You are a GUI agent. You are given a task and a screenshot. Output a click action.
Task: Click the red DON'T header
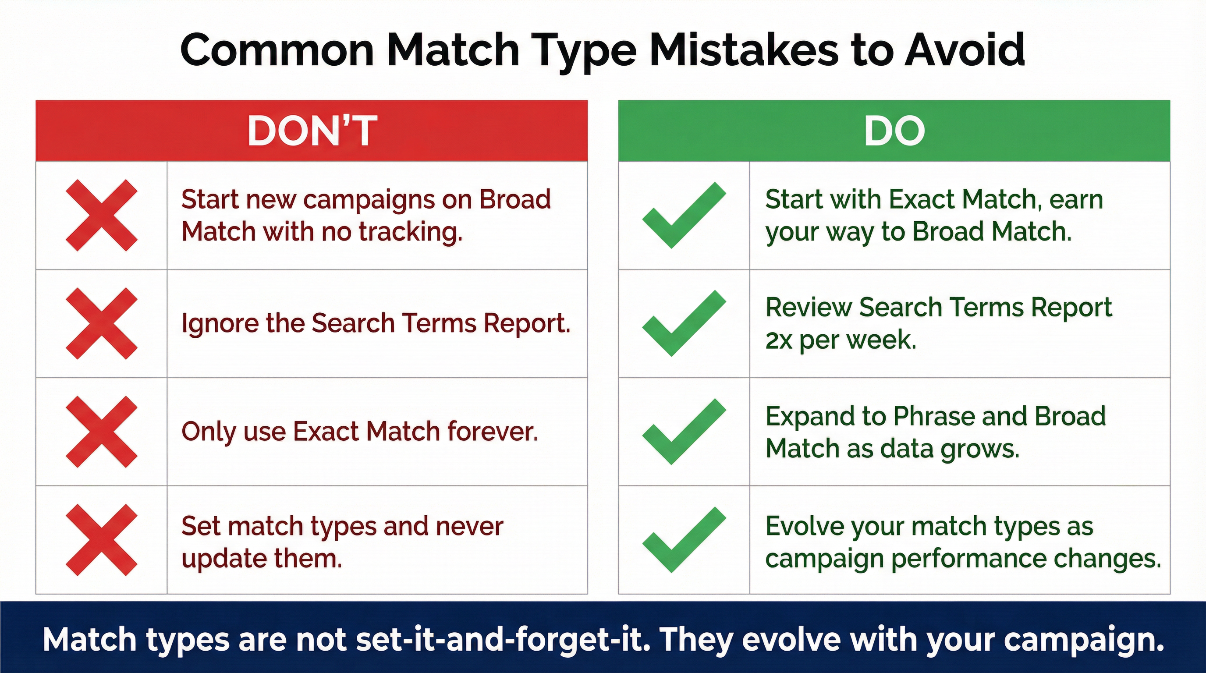(311, 131)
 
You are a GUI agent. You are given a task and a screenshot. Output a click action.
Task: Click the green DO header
(894, 131)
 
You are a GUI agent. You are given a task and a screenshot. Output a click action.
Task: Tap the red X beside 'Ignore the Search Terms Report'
(102, 323)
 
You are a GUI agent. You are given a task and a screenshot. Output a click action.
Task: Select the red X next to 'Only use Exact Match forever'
(102, 432)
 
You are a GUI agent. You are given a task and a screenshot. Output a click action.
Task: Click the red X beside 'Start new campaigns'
(102, 215)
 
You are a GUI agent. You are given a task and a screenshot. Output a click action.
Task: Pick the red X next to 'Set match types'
(102, 540)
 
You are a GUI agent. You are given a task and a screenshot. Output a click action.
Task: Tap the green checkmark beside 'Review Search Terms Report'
(684, 323)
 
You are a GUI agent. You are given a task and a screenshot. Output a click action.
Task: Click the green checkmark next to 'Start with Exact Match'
(684, 215)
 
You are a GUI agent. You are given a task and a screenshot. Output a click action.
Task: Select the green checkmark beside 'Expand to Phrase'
(684, 432)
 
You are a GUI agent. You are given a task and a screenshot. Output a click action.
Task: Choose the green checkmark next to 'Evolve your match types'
(684, 540)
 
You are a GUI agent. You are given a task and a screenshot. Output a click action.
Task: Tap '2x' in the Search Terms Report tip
(779, 340)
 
